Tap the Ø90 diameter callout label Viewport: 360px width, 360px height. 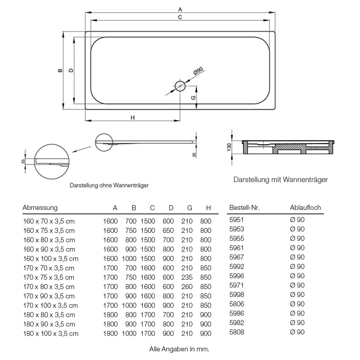point(198,71)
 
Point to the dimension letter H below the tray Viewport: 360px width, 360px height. point(132,118)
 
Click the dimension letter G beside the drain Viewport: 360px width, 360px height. point(193,98)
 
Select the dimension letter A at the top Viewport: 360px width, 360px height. point(180,9)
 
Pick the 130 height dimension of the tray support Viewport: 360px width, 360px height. point(229,147)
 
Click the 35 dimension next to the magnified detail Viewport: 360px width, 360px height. point(23,161)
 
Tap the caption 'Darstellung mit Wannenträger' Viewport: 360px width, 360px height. point(280,180)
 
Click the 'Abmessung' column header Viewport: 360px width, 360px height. point(40,208)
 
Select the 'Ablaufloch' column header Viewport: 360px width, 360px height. point(305,208)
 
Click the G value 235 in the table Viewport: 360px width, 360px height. point(187,277)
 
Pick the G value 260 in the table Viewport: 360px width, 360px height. point(187,287)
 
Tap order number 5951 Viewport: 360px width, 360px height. point(237,220)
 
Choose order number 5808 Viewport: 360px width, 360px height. point(237,332)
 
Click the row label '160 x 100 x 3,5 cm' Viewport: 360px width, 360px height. point(51,259)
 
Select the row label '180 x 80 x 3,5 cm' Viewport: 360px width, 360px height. point(49,315)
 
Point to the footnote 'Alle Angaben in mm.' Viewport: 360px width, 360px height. point(179,349)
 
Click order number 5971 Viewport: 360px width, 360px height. point(237,285)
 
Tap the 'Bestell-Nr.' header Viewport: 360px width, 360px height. point(244,208)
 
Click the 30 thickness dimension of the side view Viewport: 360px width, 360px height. point(194,155)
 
